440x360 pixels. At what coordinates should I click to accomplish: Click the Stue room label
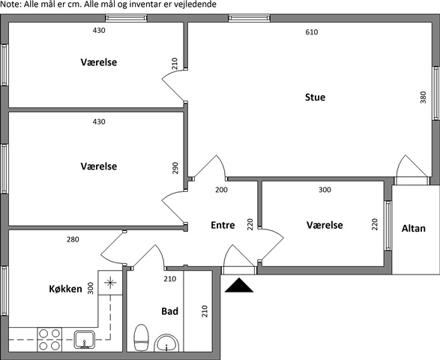pyautogui.click(x=315, y=97)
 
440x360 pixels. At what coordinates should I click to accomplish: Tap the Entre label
pyautogui.click(x=223, y=225)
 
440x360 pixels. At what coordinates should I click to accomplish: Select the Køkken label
pyautogui.click(x=65, y=289)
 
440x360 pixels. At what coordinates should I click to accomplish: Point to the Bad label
pyautogui.click(x=169, y=311)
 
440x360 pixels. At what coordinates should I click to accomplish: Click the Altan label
pyautogui.click(x=413, y=229)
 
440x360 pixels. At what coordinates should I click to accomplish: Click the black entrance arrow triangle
pyautogui.click(x=239, y=286)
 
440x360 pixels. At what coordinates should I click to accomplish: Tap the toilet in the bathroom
pyautogui.click(x=141, y=337)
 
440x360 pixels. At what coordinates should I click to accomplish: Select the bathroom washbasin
pyautogui.click(x=166, y=343)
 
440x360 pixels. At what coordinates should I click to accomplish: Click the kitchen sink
pyautogui.click(x=85, y=340)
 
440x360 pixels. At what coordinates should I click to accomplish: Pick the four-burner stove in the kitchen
pyautogui.click(x=49, y=340)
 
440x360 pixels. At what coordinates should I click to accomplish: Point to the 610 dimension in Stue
pyautogui.click(x=312, y=32)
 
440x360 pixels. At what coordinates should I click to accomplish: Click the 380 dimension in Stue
pyautogui.click(x=424, y=97)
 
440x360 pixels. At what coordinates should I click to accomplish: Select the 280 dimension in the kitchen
pyautogui.click(x=73, y=239)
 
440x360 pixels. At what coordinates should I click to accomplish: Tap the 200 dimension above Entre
pyautogui.click(x=221, y=190)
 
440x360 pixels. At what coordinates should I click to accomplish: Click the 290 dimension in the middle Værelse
pyautogui.click(x=175, y=168)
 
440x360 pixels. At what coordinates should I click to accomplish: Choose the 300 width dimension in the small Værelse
pyautogui.click(x=325, y=190)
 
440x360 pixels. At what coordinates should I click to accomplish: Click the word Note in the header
pyautogui.click(x=10, y=4)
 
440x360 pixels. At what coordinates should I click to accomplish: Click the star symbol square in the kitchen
pyautogui.click(x=110, y=283)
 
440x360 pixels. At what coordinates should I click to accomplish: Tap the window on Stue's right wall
pyautogui.click(x=436, y=94)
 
